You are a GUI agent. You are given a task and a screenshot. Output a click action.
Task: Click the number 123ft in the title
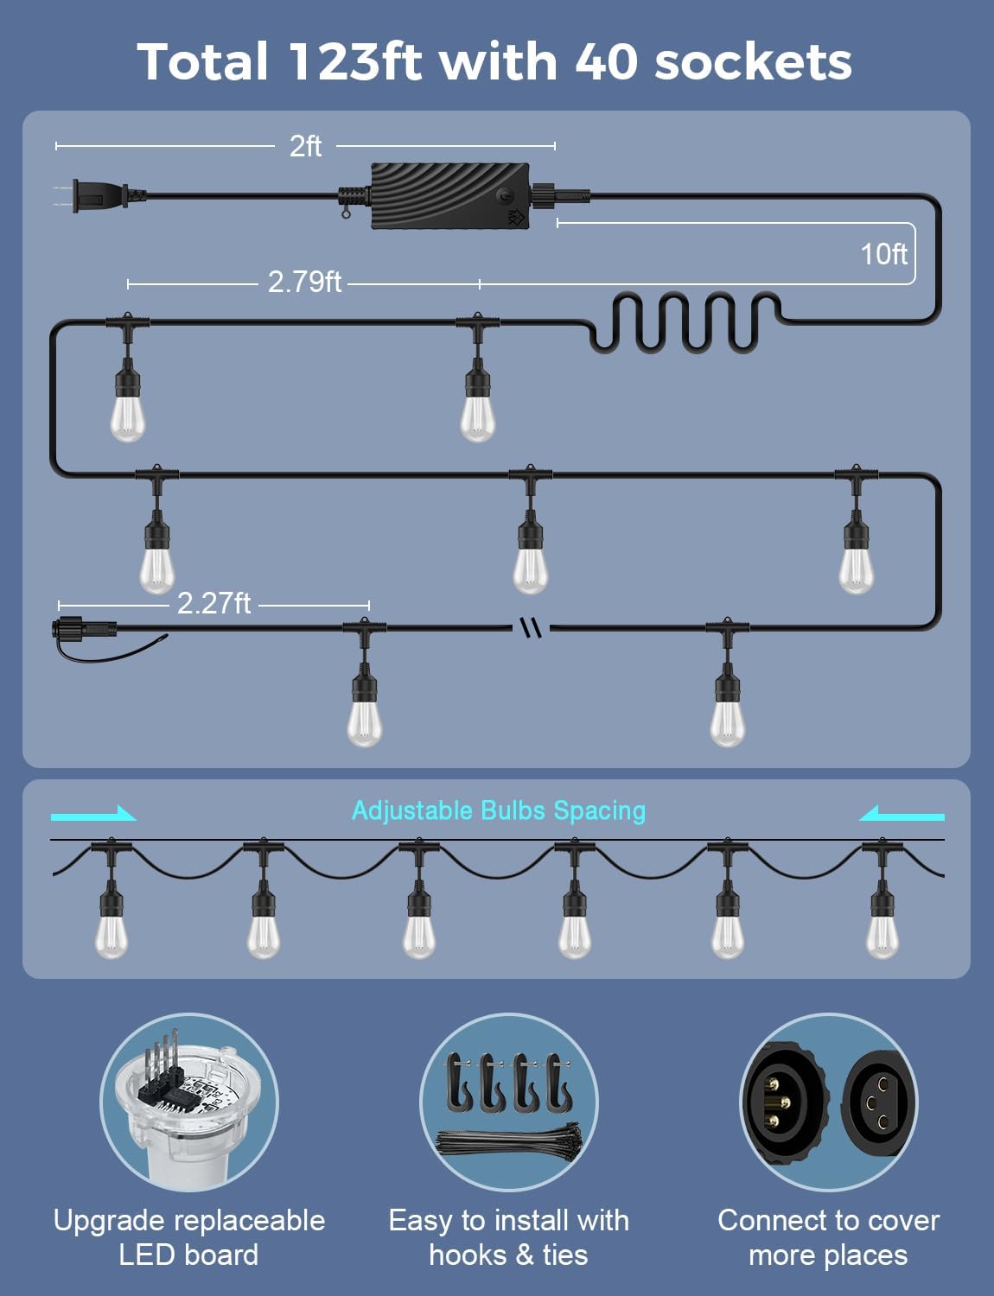coord(355,61)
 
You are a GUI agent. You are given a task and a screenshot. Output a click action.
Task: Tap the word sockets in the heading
coord(753,62)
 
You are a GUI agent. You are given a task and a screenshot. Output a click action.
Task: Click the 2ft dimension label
coord(305,146)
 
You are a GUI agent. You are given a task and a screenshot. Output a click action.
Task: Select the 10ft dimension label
coord(883,254)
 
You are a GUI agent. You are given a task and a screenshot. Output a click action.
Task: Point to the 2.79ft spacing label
coord(304,282)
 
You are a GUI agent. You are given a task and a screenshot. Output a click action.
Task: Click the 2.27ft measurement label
coord(213,603)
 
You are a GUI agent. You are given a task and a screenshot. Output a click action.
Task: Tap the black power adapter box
coord(450,196)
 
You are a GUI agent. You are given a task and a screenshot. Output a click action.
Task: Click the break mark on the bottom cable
coord(531,627)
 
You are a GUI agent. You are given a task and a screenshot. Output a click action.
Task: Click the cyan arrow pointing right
coord(93,814)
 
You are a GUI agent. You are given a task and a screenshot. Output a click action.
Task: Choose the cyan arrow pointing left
coord(902,814)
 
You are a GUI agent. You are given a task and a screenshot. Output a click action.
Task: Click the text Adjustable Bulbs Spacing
coord(499,811)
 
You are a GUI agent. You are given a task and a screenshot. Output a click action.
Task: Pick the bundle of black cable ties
coord(508,1141)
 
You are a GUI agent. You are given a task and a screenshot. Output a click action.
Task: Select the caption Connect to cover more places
coord(828,1237)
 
